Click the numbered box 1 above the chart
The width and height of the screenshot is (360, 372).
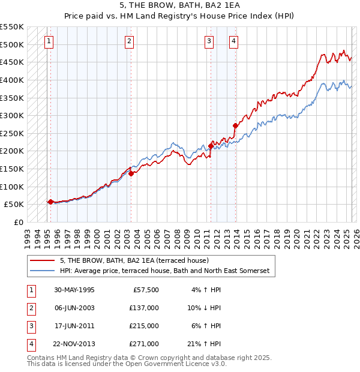[48, 41]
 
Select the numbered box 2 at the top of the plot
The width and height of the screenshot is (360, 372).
[130, 41]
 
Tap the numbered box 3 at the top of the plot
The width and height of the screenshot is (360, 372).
[209, 41]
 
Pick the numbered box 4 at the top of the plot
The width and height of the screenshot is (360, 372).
[233, 41]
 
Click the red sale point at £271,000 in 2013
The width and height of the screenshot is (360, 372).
[235, 125]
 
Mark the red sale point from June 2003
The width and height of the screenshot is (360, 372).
[131, 173]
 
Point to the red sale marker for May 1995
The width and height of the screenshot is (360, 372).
[50, 202]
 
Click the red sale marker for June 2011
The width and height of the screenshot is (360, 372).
[211, 145]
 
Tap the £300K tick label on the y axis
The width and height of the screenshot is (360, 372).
[12, 115]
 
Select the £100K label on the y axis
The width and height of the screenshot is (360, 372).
[12, 187]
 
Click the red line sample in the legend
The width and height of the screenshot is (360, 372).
[43, 261]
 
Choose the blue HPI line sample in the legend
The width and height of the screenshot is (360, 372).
[43, 271]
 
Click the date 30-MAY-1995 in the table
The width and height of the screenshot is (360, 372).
[74, 290]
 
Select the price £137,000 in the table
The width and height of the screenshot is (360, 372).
[145, 308]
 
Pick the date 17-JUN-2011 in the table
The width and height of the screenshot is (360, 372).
[74, 326]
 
